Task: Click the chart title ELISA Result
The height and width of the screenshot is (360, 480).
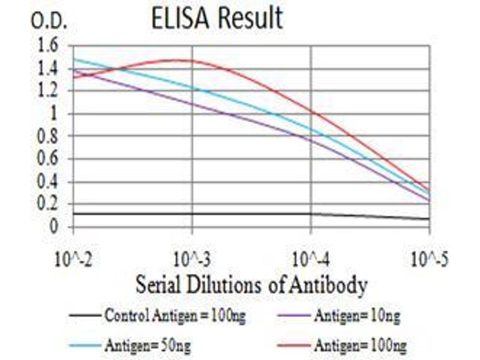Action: coord(217,18)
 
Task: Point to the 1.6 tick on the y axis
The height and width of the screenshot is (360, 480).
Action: coord(49,45)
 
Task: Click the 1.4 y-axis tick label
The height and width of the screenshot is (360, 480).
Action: coord(49,68)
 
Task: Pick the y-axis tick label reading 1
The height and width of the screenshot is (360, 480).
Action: coord(55,113)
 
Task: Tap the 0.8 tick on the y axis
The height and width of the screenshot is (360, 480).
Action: coord(49,136)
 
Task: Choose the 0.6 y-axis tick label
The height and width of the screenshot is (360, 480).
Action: coord(49,159)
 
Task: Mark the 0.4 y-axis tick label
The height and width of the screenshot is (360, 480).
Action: coord(49,182)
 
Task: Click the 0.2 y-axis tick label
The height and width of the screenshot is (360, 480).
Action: coord(49,204)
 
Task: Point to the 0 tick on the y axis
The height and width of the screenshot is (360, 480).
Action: coord(55,227)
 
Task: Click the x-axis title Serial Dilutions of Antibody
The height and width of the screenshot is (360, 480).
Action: coord(251,285)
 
